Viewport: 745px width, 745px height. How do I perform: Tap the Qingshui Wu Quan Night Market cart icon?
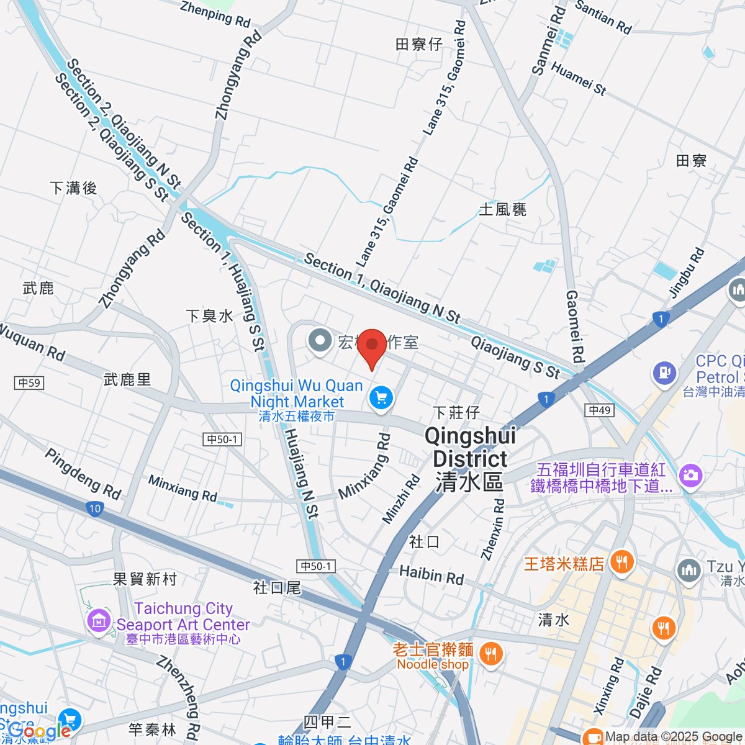tap(381, 398)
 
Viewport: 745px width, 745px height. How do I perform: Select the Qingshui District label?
tap(470, 459)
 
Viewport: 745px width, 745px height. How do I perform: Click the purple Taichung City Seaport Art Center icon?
tap(99, 620)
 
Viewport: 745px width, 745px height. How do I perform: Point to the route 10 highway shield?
tap(94, 508)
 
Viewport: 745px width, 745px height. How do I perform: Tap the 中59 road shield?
tap(29, 382)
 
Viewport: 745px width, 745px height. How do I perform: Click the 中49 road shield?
tap(600, 410)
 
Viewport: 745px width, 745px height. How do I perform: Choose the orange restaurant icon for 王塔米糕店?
tap(621, 562)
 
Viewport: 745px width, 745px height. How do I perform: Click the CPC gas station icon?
tap(664, 373)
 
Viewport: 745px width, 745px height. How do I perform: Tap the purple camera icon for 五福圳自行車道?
tap(690, 476)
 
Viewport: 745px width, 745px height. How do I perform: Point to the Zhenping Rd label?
tap(215, 14)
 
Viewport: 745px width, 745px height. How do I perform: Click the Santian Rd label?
tap(603, 17)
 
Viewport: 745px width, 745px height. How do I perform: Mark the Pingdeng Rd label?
tap(83, 474)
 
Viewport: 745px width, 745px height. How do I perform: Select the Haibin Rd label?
tap(431, 574)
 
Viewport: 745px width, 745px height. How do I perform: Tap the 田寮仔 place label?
tap(419, 44)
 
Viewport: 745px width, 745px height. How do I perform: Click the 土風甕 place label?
tap(503, 210)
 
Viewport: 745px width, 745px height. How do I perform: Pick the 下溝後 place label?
tap(73, 188)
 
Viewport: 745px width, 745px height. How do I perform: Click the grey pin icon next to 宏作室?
tap(320, 340)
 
